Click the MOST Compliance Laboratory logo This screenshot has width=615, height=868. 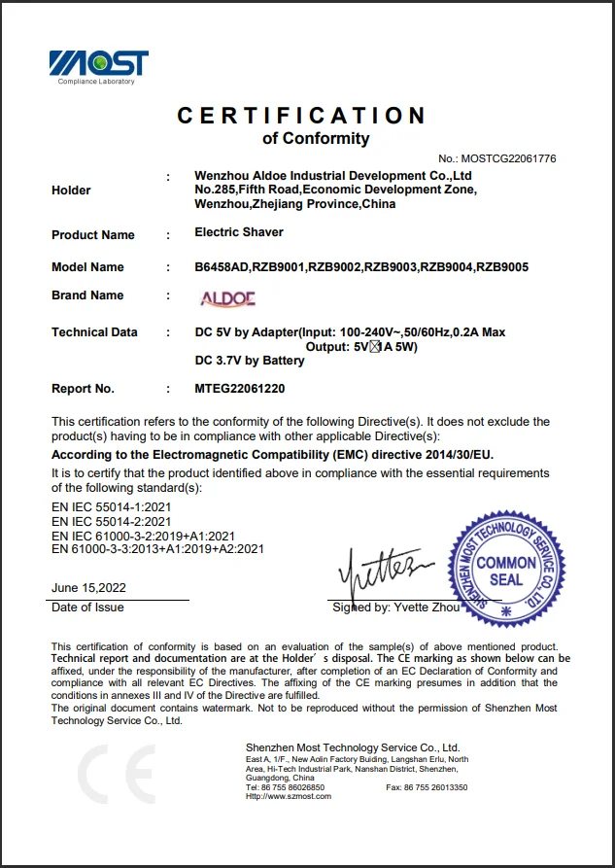click(x=99, y=66)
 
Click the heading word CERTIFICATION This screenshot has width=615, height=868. click(x=301, y=116)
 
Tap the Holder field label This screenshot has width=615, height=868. click(x=71, y=191)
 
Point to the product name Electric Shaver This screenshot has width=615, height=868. click(x=239, y=234)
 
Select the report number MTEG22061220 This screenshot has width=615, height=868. click(x=240, y=389)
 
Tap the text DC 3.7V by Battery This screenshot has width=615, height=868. click(x=250, y=361)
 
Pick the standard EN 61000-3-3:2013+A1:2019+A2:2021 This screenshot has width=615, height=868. click(x=157, y=549)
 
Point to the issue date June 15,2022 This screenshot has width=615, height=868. click(x=88, y=588)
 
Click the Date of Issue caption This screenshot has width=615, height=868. click(x=87, y=608)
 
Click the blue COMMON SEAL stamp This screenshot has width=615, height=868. click(x=506, y=572)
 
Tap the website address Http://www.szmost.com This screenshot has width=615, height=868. click(x=289, y=796)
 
